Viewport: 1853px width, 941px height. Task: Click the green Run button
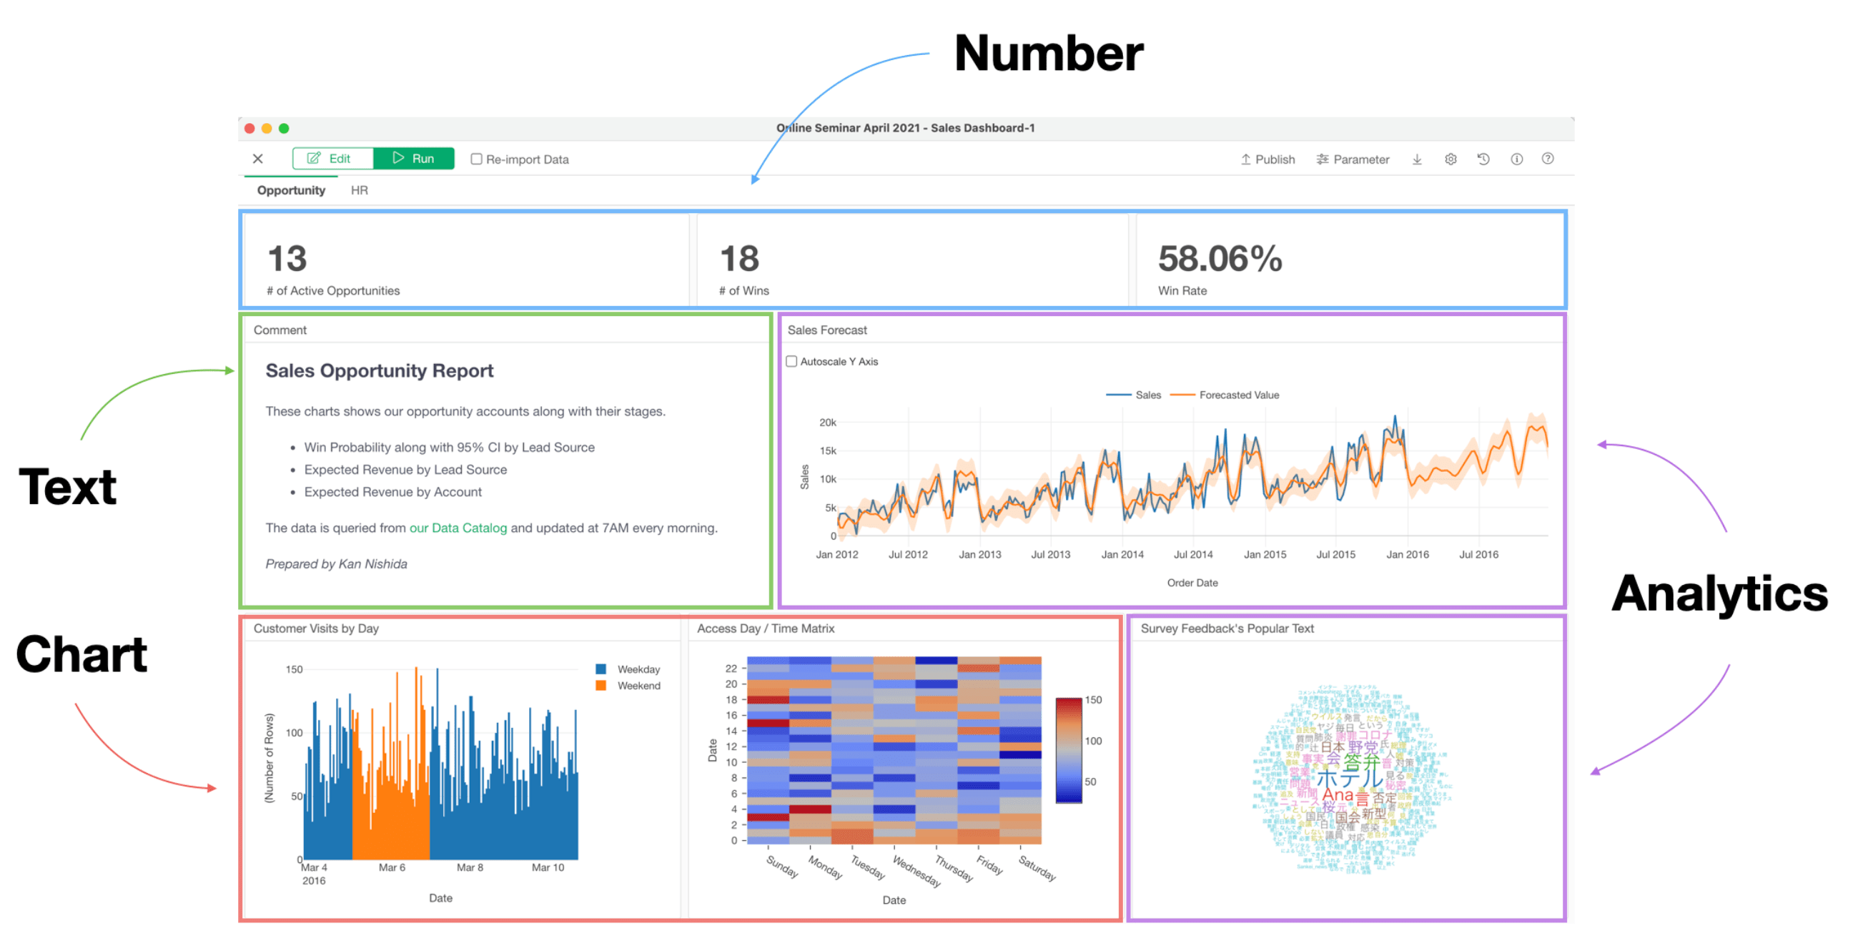pos(414,158)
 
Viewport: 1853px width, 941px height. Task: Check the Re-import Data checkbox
pos(476,159)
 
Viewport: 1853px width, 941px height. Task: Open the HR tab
pos(359,190)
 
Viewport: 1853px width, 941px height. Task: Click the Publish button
pos(1268,159)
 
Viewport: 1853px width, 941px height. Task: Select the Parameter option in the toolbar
pos(1353,159)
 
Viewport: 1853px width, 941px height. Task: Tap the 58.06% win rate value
pos(1220,259)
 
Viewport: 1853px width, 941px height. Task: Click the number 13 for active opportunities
pos(287,259)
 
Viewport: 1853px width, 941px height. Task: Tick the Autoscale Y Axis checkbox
pos(791,361)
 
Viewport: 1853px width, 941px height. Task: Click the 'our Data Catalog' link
pos(458,528)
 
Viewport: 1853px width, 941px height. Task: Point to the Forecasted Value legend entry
pos(1238,395)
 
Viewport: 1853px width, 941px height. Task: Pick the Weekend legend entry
pos(638,686)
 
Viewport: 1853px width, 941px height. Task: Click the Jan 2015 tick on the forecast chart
pos(1265,555)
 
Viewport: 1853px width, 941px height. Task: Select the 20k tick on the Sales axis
pos(827,423)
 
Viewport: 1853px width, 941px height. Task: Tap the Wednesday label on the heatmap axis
pos(916,870)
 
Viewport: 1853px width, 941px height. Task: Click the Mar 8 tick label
pos(470,867)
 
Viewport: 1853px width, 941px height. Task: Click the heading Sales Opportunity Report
pos(379,370)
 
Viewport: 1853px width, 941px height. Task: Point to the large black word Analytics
pos(1719,593)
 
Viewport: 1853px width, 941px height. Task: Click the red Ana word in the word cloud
pos(1338,795)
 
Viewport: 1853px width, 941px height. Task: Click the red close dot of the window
pos(249,128)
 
